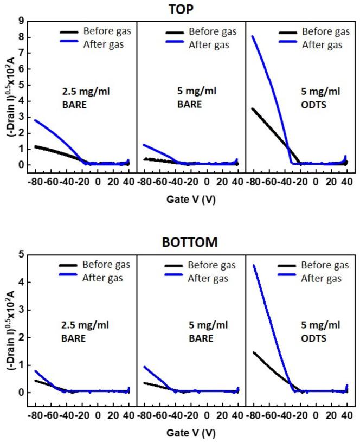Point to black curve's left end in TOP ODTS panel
click(x=253, y=108)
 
